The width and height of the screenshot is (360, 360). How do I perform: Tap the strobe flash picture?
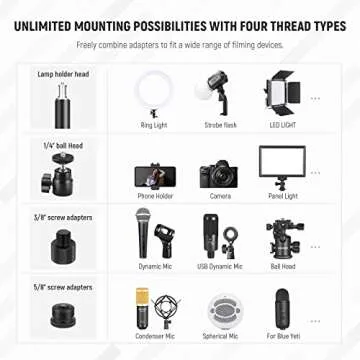pyautogui.click(x=215, y=93)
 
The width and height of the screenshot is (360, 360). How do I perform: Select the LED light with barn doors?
pyautogui.click(x=282, y=93)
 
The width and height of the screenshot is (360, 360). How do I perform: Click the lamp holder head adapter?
pyautogui.click(x=63, y=106)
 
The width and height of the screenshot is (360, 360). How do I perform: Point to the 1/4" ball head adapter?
pyautogui.click(x=57, y=175)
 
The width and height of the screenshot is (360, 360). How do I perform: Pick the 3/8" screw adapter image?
pyautogui.click(x=63, y=248)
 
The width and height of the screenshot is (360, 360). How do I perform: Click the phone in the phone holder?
pyautogui.click(x=155, y=177)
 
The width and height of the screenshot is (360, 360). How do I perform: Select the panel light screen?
pyautogui.click(x=282, y=161)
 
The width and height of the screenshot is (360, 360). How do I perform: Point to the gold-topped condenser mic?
pyautogui.click(x=142, y=309)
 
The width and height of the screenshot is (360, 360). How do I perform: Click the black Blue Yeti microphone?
pyautogui.click(x=283, y=309)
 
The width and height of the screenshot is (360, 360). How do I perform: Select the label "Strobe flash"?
pyautogui.click(x=220, y=125)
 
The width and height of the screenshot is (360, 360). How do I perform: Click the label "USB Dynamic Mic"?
pyautogui.click(x=220, y=266)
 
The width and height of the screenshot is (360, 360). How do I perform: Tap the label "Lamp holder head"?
pyautogui.click(x=63, y=74)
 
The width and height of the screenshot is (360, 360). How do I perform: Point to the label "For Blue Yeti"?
pyautogui.click(x=283, y=336)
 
